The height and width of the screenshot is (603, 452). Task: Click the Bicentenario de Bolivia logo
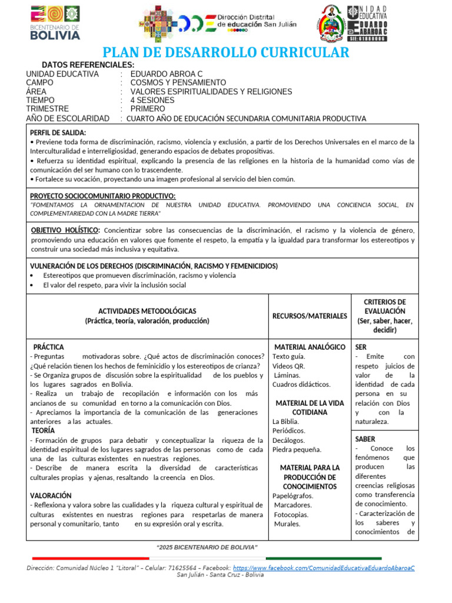(x=54, y=22)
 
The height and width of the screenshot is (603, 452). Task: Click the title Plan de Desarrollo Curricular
(x=226, y=53)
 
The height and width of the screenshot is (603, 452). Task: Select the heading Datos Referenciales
(x=88, y=65)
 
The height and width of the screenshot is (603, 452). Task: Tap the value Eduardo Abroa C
(x=166, y=74)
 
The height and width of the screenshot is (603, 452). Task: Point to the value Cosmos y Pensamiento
(x=178, y=82)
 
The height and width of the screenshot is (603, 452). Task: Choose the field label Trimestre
(x=47, y=109)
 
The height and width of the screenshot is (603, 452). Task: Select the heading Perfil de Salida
(x=58, y=132)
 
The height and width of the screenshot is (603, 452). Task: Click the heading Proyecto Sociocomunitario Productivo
(x=102, y=196)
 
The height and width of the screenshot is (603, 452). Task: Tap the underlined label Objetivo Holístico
(x=65, y=230)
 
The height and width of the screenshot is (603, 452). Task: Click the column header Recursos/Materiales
(x=310, y=316)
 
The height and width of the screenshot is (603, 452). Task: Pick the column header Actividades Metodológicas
(x=147, y=311)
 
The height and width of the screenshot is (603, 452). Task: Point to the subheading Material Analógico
(x=310, y=347)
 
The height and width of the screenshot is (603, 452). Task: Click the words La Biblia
(x=286, y=422)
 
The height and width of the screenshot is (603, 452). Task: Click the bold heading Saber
(x=365, y=439)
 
